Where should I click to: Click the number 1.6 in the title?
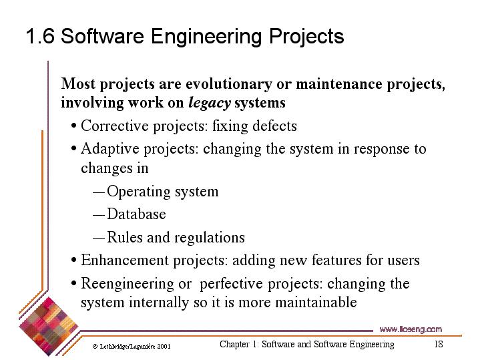[41, 36]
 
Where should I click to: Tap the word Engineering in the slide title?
[206, 37]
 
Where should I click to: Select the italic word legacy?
[210, 103]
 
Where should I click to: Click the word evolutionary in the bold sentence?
[229, 84]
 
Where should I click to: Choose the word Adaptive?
[110, 149]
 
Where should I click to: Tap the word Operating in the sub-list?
[139, 192]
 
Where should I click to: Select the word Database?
[136, 214]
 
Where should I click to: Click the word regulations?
[210, 238]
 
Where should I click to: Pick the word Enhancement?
[125, 260]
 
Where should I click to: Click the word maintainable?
[316, 302]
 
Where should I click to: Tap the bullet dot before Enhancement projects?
[73, 260]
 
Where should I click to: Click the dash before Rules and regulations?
[99, 238]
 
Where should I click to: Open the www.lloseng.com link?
[411, 329]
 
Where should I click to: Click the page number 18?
[439, 344]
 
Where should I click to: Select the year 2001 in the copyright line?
[164, 347]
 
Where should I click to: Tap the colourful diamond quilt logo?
[48, 327]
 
